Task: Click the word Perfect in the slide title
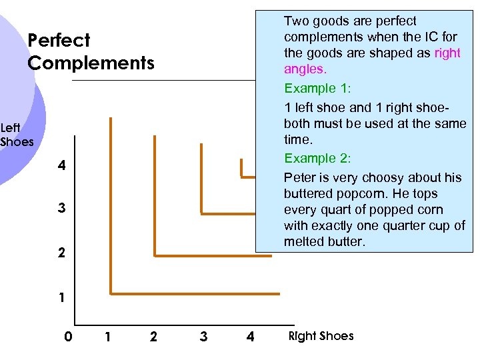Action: coord(59,41)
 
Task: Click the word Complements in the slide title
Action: coord(91,63)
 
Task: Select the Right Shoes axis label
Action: coord(321,336)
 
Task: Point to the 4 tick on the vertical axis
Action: coord(61,165)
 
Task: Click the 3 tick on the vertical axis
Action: coord(61,209)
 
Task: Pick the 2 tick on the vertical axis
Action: coord(61,253)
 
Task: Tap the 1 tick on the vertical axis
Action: coord(61,297)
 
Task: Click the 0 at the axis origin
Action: coord(68,337)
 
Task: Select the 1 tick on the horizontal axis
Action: coord(107,337)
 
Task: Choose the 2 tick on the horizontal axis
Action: coord(154,337)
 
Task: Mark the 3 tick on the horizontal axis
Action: coord(203,337)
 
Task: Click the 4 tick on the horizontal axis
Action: coord(250,337)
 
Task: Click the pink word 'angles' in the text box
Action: coord(305,69)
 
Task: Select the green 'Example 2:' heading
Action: coord(317,158)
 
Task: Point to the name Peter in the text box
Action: coord(300,177)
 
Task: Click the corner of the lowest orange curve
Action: coord(111,293)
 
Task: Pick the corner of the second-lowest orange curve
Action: coord(155,255)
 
